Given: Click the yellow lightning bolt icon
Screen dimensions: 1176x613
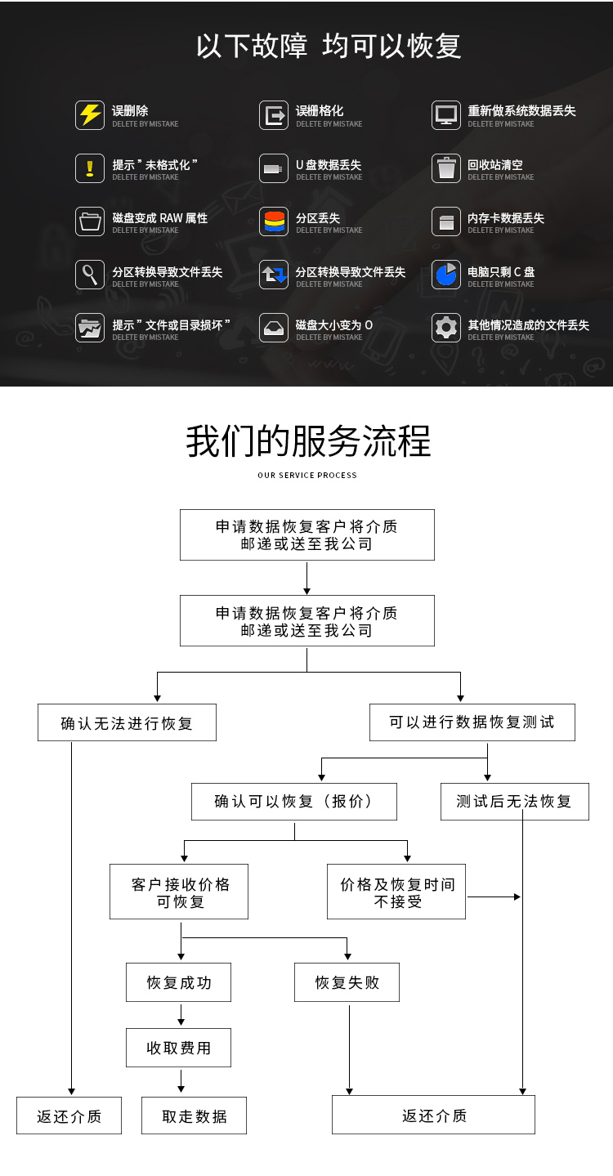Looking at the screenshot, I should click(x=90, y=115).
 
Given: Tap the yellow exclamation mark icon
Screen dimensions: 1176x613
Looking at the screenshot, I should click(x=90, y=168).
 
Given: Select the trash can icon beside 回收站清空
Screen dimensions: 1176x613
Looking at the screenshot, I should click(x=446, y=168).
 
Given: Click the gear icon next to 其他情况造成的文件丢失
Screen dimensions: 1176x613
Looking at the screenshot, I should click(x=446, y=329).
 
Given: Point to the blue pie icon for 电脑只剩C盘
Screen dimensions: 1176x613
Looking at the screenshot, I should click(x=446, y=275).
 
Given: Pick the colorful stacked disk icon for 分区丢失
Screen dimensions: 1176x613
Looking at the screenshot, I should click(x=274, y=221).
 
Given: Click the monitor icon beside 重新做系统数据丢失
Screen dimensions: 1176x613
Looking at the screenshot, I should click(x=446, y=115).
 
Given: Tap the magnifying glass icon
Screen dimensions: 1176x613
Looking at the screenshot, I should click(x=90, y=275).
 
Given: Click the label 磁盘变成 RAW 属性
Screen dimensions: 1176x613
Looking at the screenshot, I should click(x=160, y=218).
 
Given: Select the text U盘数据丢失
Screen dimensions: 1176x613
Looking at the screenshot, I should click(x=329, y=165).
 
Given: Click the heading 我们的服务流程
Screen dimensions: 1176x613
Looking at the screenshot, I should click(x=307, y=441).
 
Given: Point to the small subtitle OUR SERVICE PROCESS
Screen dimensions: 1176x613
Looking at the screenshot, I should click(x=307, y=475).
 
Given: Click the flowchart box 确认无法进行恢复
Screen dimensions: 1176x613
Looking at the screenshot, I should click(x=127, y=723).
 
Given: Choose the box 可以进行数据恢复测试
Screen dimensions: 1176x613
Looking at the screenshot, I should click(x=472, y=722).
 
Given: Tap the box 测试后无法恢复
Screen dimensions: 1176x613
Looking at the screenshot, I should click(x=514, y=802).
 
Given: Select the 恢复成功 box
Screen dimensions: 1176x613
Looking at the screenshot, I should click(x=178, y=982).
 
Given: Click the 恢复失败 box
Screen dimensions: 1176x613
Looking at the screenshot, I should click(x=347, y=982).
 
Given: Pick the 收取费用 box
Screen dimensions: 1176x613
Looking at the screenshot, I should click(x=178, y=1048).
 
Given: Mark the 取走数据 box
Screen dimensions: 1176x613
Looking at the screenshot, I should click(x=194, y=1116).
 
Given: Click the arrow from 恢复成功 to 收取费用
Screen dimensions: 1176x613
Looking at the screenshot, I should click(x=181, y=1014).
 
